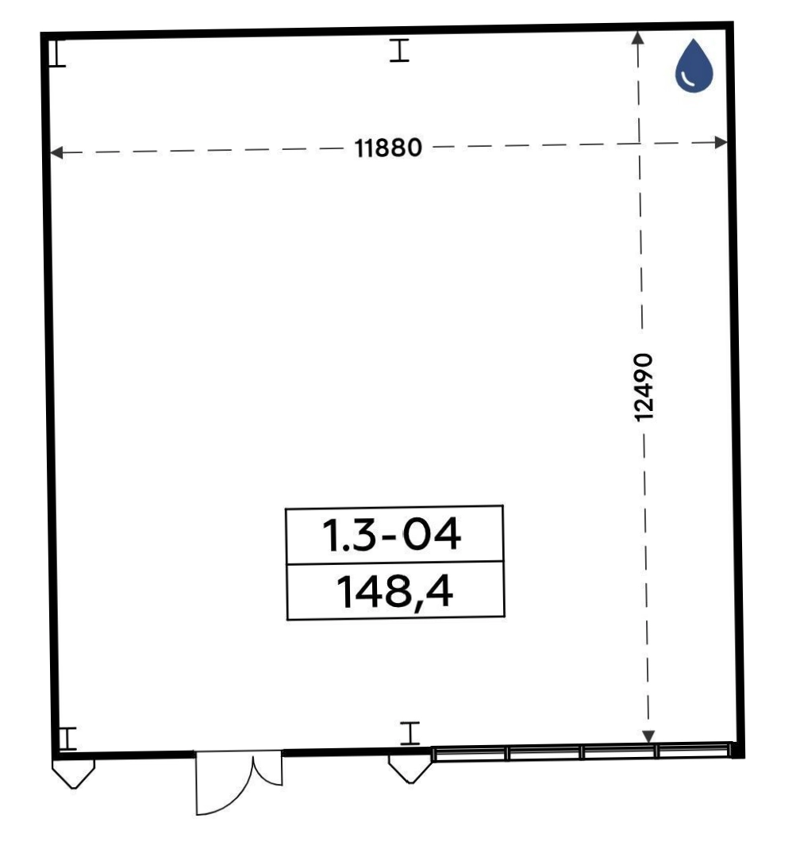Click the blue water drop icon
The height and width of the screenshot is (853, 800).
(x=694, y=66)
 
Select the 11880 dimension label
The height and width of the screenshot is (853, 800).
(x=388, y=148)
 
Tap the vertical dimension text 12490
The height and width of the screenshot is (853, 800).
(x=644, y=386)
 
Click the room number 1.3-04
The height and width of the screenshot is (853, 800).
(x=392, y=534)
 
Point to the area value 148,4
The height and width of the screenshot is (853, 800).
(x=394, y=592)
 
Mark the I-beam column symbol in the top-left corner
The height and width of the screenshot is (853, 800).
(x=56, y=53)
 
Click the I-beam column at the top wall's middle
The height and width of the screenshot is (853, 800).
(x=399, y=51)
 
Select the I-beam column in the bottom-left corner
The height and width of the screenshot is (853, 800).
(x=67, y=738)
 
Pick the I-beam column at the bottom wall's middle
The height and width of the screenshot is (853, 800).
(x=410, y=732)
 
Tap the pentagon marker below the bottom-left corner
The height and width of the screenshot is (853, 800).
(x=74, y=774)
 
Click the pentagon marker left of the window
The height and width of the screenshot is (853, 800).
(x=411, y=769)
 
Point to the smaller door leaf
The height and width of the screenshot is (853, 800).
(x=267, y=769)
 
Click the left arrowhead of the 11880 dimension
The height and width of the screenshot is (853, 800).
(x=56, y=153)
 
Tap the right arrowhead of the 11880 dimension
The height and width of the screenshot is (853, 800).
(x=721, y=143)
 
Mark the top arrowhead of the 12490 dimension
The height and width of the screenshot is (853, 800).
(x=637, y=37)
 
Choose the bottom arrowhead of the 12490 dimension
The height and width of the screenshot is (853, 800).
(x=648, y=736)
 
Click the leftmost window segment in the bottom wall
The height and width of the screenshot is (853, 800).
(x=469, y=754)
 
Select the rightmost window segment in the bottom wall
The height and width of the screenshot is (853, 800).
(x=693, y=751)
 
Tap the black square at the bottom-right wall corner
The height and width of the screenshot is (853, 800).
(x=737, y=750)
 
